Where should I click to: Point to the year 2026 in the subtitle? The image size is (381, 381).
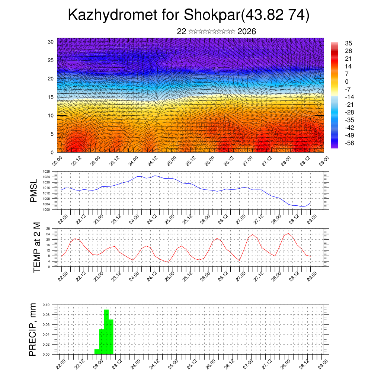[x=246, y=32]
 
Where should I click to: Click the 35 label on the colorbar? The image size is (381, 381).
[x=349, y=44]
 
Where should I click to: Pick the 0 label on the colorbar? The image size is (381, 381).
[x=347, y=81]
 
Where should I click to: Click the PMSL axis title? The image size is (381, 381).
[x=34, y=190]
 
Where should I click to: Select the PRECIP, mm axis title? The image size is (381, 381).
[x=33, y=329]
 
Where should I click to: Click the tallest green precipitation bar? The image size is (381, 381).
[x=106, y=331]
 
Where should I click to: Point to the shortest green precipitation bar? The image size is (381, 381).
[x=97, y=352]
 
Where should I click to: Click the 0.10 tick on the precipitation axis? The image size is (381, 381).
[x=46, y=305]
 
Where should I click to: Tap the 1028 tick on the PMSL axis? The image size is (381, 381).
[x=47, y=172]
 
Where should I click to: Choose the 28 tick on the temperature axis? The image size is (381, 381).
[x=48, y=228]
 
